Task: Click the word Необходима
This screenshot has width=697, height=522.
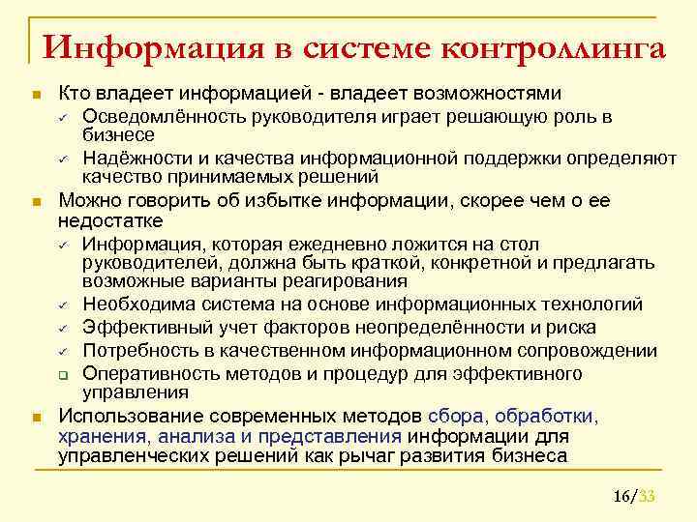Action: pos(134,305)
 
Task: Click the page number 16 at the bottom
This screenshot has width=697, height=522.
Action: pos(621,497)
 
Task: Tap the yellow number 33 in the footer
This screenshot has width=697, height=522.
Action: pos(649,497)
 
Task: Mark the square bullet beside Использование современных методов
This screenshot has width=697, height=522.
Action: pos(36,418)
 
